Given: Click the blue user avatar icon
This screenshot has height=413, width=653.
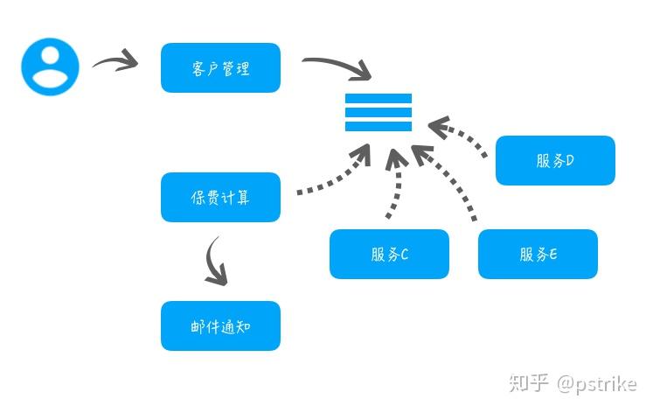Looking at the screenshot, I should [x=50, y=66].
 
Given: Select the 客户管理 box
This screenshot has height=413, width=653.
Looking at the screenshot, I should [x=220, y=67].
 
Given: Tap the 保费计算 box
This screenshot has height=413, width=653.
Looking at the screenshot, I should [x=220, y=197].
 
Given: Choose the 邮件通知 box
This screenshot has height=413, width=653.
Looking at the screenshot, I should [x=220, y=326].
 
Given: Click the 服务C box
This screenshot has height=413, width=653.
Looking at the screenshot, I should [x=389, y=254].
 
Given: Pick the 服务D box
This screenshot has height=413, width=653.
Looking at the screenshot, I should [x=555, y=160].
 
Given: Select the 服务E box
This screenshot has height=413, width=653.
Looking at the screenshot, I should [x=538, y=254].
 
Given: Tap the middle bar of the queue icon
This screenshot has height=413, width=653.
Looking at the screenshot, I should [x=378, y=112].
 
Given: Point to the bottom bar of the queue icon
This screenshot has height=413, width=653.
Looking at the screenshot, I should [x=378, y=126].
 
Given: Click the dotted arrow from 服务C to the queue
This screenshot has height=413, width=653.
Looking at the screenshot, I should [x=394, y=184].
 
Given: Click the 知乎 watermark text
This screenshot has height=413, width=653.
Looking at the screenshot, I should [x=529, y=383].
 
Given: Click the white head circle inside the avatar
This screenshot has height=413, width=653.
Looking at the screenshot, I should [x=50, y=56].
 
